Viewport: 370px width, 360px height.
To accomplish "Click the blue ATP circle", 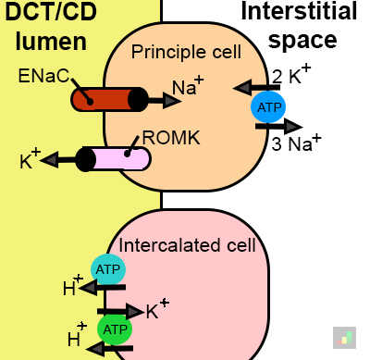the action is click(x=268, y=107).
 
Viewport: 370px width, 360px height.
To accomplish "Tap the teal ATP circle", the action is click(x=108, y=269).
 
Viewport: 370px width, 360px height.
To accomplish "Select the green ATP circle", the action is click(x=115, y=329).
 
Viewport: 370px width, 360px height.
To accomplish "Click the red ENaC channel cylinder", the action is click(x=109, y=99).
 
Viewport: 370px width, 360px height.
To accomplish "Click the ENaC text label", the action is click(x=43, y=76).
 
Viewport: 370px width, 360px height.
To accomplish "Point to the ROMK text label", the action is click(x=171, y=138).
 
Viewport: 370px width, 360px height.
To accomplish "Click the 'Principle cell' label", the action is click(x=186, y=52).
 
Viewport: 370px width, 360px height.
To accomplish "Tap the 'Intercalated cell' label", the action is click(x=187, y=245).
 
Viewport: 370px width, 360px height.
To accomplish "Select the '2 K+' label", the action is click(x=291, y=74).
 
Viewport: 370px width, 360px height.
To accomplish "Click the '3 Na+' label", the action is click(x=296, y=143).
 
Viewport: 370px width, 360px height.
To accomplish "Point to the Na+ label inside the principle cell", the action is click(x=188, y=86).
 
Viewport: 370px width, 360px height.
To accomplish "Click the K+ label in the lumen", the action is click(x=30, y=158).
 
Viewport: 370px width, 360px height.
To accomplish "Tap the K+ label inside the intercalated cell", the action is click(x=157, y=309).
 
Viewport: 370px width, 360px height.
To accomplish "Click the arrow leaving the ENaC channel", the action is click(x=164, y=100).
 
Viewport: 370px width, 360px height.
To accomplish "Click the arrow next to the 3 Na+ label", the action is click(x=279, y=126).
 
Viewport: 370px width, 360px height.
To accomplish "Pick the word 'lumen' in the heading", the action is click(x=51, y=42).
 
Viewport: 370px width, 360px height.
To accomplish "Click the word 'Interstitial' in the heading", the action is click(x=299, y=11).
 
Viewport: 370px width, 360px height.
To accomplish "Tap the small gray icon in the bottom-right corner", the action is click(x=344, y=338).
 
